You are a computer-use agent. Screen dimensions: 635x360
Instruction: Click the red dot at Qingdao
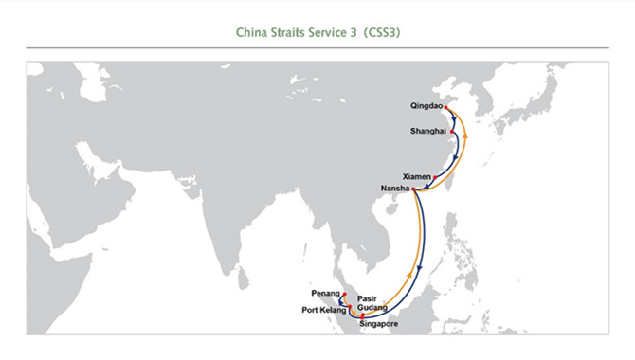pos(445,107)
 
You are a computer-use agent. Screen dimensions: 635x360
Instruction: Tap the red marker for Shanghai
pos(452,132)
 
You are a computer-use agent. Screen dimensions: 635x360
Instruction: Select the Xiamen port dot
pos(435,177)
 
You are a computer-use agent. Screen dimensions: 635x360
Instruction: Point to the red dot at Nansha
pos(413,189)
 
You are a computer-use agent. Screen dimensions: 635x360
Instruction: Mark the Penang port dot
pos(344,295)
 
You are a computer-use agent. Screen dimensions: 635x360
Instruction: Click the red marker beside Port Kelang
pos(350,307)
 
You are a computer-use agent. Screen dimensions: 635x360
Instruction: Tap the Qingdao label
pos(426,106)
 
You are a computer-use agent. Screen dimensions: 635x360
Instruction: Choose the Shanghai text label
pos(428,131)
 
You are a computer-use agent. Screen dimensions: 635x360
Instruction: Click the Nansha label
pos(395,189)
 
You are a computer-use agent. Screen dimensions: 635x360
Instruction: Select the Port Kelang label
pos(324,310)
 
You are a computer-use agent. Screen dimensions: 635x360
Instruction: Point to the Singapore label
pos(379,324)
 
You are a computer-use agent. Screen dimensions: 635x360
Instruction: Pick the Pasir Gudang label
pos(372,303)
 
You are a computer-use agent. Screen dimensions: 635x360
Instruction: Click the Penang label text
pos(326,293)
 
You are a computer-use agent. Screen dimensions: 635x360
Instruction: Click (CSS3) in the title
pos(382,32)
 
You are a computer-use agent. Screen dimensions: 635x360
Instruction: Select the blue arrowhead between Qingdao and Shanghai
pos(454,120)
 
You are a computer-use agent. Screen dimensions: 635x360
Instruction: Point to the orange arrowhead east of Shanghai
pos(465,136)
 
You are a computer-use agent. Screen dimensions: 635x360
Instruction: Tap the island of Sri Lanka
pos(243,279)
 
